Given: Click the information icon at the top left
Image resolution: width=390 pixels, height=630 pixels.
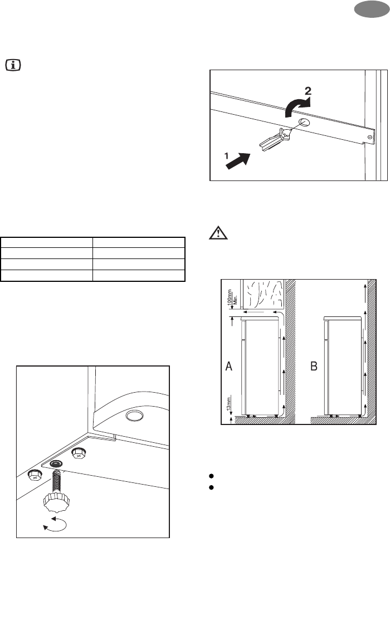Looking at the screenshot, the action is click(13, 65).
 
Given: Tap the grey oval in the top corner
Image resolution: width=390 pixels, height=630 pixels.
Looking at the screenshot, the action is click(372, 9).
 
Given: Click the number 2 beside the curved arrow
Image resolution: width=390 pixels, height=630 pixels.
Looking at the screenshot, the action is click(308, 91).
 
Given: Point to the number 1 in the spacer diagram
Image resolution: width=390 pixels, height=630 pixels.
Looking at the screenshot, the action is click(226, 155).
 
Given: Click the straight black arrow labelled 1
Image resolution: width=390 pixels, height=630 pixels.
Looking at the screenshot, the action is click(238, 161).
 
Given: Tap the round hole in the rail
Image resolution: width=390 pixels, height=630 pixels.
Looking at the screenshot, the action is click(304, 123).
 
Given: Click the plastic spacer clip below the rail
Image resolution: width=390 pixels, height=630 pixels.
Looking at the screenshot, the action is click(276, 139).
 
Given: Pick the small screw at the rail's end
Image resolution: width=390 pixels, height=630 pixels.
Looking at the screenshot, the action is click(369, 138).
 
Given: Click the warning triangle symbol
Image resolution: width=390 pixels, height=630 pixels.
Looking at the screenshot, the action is click(218, 233).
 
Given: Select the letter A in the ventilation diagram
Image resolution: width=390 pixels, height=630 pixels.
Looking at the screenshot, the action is click(229, 366).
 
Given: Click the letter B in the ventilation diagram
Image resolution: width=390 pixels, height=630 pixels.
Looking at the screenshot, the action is click(314, 366).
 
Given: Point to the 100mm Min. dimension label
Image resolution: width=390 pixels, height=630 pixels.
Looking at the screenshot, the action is click(232, 299).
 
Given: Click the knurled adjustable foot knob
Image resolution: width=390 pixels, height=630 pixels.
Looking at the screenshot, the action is click(56, 502).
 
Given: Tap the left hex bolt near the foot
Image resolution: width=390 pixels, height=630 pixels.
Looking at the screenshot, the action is click(35, 475).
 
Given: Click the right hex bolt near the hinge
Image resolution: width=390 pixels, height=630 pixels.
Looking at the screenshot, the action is click(79, 453).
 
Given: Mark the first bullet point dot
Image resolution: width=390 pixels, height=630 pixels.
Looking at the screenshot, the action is click(211, 476).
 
